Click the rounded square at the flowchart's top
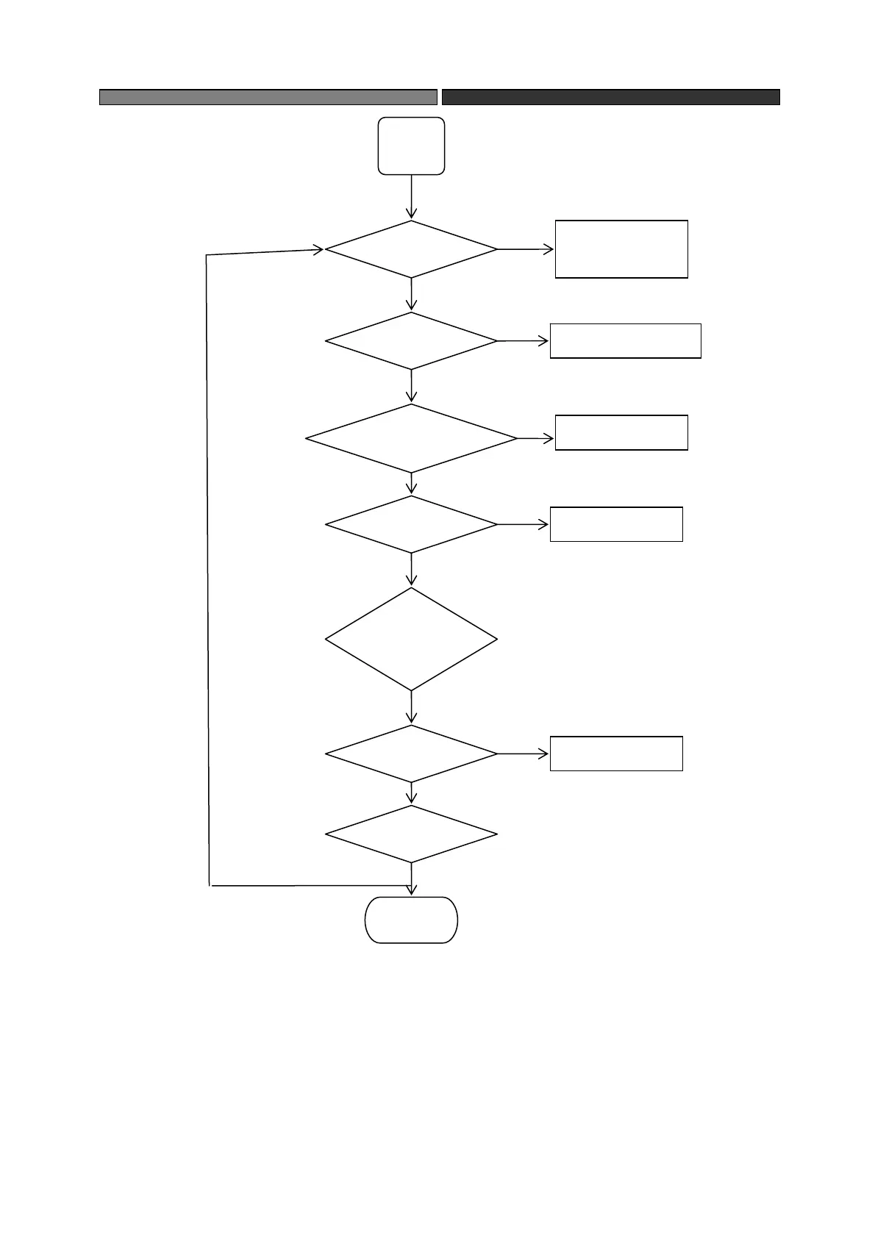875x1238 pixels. [x=411, y=146]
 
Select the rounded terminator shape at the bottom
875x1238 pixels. [x=411, y=920]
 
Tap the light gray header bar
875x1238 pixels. [x=268, y=97]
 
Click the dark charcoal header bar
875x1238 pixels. [x=610, y=97]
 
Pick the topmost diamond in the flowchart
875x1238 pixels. [x=411, y=249]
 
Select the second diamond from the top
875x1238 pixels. [x=411, y=341]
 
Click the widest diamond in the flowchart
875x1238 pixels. [x=411, y=438]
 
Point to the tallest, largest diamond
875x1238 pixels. [x=411, y=639]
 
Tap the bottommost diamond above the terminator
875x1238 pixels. [x=411, y=834]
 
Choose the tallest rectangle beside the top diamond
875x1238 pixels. [x=621, y=249]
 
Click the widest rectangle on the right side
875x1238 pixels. [x=625, y=341]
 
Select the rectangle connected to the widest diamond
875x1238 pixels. [x=621, y=432]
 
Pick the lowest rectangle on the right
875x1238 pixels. [x=616, y=754]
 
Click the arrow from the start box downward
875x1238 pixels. [x=411, y=197]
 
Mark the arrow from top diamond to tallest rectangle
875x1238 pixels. [x=526, y=249]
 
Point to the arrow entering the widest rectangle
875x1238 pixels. [x=524, y=341]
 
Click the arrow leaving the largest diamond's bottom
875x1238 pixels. [x=411, y=707]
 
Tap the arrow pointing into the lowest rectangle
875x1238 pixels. [x=524, y=754]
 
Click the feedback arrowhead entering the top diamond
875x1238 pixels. [x=318, y=250]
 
